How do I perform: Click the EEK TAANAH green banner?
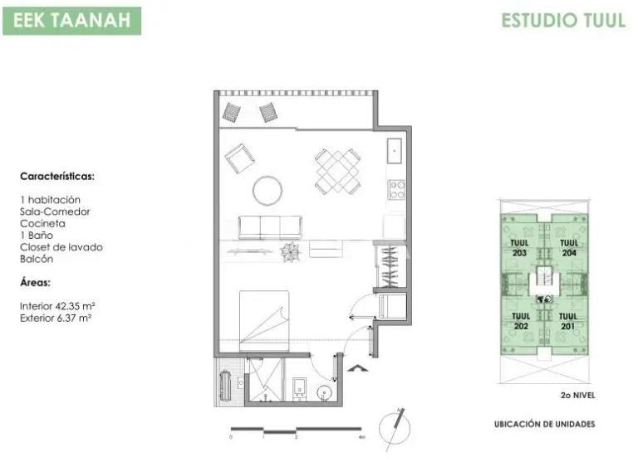coord(71,20)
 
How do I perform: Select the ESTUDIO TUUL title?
coord(562,21)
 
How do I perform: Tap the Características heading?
coord(56,177)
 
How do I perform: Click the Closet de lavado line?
coord(61,247)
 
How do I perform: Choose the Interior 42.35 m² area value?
coord(56,305)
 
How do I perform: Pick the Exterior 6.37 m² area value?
coord(56,317)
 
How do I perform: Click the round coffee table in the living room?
coord(267,191)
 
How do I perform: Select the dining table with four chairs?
coord(338,170)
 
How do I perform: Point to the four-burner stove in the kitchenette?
coord(396,190)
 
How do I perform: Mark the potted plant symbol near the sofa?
coord(291,252)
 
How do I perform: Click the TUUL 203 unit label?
coord(520,248)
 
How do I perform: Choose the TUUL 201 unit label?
coord(568,322)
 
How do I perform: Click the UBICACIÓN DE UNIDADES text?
coord(544,424)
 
